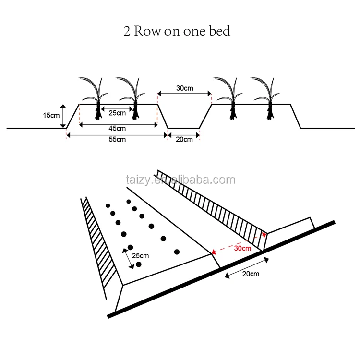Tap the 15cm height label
click(51, 116)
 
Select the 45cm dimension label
click(118, 128)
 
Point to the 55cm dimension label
click(118, 139)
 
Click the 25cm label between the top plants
click(118, 113)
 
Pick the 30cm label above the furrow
click(185, 88)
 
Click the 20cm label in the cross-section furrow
click(184, 139)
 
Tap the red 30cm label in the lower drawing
click(242, 248)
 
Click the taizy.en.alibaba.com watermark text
click(180, 180)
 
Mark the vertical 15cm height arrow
click(63, 116)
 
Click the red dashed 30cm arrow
click(238, 243)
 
